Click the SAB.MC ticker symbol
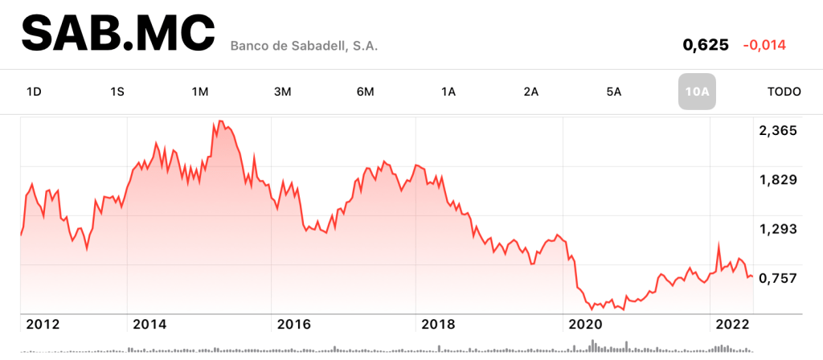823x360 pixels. pyautogui.click(x=118, y=35)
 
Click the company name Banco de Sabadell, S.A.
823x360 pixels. pyautogui.click(x=304, y=46)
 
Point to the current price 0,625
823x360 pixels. pyautogui.click(x=705, y=45)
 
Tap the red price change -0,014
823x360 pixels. pyautogui.click(x=764, y=45)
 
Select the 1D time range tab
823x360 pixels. pyautogui.click(x=34, y=92)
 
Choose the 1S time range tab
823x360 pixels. pyautogui.click(x=117, y=92)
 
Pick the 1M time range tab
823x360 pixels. pyautogui.click(x=200, y=92)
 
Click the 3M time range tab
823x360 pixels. pyautogui.click(x=282, y=92)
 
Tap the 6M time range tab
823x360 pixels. pyautogui.click(x=365, y=92)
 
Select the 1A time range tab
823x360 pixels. pyautogui.click(x=448, y=92)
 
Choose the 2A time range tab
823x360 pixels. pyautogui.click(x=530, y=92)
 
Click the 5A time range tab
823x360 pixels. pyautogui.click(x=613, y=92)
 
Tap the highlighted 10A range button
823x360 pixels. pyautogui.click(x=696, y=92)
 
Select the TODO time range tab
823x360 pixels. pyautogui.click(x=784, y=92)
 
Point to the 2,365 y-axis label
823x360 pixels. pyautogui.click(x=777, y=130)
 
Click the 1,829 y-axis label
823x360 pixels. pyautogui.click(x=777, y=179)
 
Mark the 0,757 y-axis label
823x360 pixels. pyautogui.click(x=777, y=278)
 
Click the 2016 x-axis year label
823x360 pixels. pyautogui.click(x=293, y=324)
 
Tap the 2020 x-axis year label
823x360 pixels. pyautogui.click(x=585, y=324)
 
